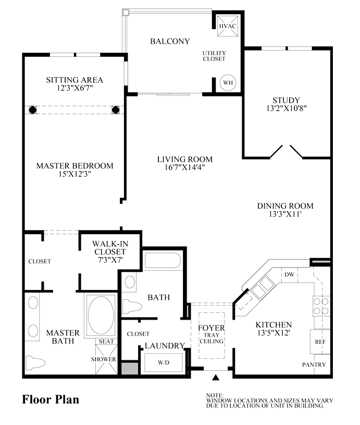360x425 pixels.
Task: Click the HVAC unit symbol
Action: [228, 26]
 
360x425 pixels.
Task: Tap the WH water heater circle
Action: [228, 82]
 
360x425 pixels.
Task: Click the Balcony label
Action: [170, 41]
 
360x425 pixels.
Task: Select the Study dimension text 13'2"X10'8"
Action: [287, 108]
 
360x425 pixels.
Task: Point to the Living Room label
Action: [185, 159]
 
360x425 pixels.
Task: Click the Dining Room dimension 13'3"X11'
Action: [285, 214]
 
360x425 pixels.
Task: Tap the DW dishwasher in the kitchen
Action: [290, 275]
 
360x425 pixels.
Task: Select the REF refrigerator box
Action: [320, 342]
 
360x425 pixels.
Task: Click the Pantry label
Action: [314, 365]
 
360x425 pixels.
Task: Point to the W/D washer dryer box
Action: [164, 362]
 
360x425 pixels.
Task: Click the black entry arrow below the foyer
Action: [216, 378]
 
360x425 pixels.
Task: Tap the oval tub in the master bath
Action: [101, 315]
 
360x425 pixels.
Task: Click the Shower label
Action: [103, 359]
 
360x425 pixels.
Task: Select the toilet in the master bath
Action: [35, 362]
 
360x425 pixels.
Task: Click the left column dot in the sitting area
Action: [32, 110]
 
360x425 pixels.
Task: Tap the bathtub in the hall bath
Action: [163, 261]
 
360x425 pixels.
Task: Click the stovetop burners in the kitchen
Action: [321, 306]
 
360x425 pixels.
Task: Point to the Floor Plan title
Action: [51, 400]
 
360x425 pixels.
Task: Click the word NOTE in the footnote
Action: [215, 395]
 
